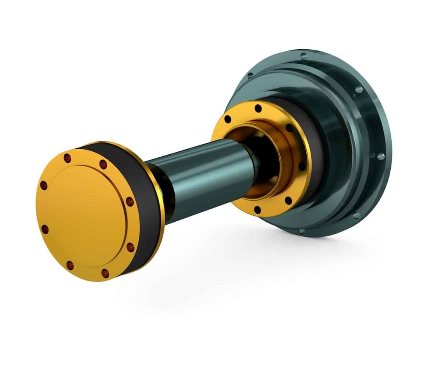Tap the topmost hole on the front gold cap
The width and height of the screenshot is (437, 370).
pyautogui.click(x=67, y=158)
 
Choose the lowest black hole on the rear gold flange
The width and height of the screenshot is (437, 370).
pyautogui.click(x=258, y=209)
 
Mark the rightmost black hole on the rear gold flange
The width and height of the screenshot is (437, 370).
pyautogui.click(x=302, y=166)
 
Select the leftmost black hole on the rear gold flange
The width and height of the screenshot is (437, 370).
pyautogui.click(x=228, y=119)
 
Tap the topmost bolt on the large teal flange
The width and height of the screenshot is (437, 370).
pyautogui.click(x=304, y=55)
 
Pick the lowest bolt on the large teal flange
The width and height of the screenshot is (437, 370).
pyautogui.click(x=302, y=231)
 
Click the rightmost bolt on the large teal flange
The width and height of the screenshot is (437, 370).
pyautogui.click(x=380, y=156)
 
